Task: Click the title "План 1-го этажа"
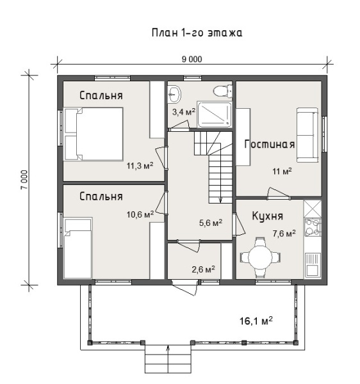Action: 197,33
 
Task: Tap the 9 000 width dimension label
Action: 192,60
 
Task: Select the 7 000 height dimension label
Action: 24,180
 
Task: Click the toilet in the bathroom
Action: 222,91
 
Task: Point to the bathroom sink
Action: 174,94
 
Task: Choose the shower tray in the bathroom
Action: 215,115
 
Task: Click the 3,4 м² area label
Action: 184,112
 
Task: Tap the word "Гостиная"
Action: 270,144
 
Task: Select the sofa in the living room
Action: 307,134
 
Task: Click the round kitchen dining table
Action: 260,257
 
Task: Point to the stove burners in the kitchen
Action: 313,227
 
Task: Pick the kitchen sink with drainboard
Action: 313,264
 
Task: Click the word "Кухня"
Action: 268,216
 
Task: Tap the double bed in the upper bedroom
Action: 93,134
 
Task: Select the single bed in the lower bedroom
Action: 78,248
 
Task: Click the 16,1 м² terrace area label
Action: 256,321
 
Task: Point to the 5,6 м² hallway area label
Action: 211,223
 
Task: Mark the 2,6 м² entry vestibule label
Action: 204,269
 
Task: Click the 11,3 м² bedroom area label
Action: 140,166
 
